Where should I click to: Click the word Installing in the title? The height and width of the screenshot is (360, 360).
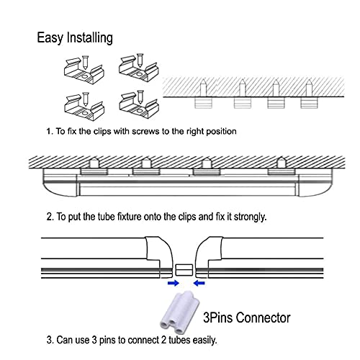pyautogui.click(x=90, y=38)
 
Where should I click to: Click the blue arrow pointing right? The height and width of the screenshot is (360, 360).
pyautogui.click(x=174, y=283)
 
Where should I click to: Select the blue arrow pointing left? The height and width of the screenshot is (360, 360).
pyautogui.click(x=199, y=283)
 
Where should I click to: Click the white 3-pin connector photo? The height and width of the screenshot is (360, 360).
pyautogui.click(x=180, y=312)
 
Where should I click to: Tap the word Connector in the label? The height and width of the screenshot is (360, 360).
pyautogui.click(x=265, y=318)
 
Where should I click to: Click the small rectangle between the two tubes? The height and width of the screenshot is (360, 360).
pyautogui.click(x=184, y=270)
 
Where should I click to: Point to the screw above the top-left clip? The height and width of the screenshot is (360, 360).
pyautogui.click(x=85, y=63)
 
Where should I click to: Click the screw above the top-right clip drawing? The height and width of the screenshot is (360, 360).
pyautogui.click(x=140, y=60)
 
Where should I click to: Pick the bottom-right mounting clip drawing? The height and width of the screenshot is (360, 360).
pyautogui.click(x=139, y=105)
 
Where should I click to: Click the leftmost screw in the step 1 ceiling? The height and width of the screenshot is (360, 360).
pyautogui.click(x=203, y=88)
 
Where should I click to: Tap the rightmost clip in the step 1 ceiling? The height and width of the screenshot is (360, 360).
pyautogui.click(x=309, y=103)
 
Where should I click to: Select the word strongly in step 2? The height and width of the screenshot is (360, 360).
pyautogui.click(x=251, y=217)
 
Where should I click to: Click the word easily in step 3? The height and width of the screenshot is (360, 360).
pyautogui.click(x=204, y=341)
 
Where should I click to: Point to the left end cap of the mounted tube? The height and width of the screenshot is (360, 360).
pyautogui.click(x=60, y=183)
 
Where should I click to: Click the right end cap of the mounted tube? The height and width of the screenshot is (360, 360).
pyautogui.click(x=315, y=183)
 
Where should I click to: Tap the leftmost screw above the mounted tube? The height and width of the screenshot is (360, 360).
pyautogui.click(x=94, y=163)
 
